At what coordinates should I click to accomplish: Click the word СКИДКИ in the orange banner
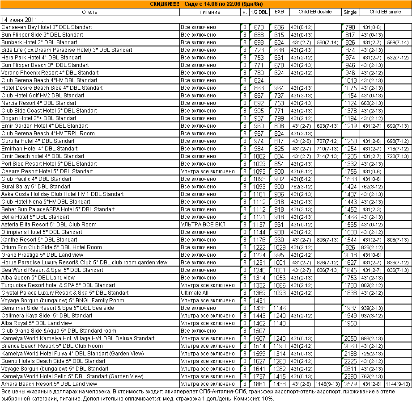click(164, 4)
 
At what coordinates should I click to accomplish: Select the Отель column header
click(89, 12)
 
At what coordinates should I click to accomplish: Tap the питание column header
click(209, 12)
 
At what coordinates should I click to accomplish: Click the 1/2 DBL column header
click(259, 12)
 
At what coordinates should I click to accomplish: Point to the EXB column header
click(279, 12)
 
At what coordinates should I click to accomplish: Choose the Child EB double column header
click(315, 12)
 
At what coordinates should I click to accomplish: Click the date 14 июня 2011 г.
click(22, 20)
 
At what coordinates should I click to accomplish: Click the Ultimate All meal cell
click(195, 293)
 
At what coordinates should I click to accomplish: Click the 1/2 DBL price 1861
click(259, 384)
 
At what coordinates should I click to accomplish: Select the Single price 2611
click(350, 369)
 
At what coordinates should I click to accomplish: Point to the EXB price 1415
click(279, 376)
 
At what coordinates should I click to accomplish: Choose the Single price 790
click(350, 27)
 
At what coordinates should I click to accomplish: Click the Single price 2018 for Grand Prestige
click(350, 255)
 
